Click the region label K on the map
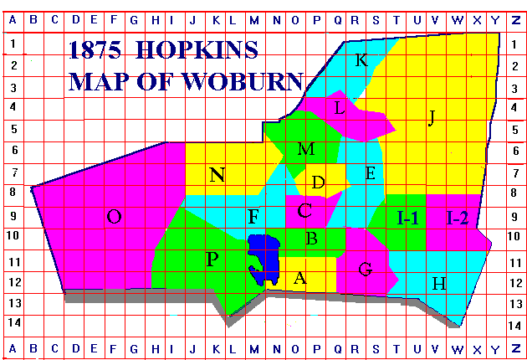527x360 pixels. click(x=361, y=60)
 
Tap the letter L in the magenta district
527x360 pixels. click(x=339, y=108)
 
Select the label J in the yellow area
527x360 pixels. click(x=432, y=117)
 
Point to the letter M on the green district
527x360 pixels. click(x=306, y=149)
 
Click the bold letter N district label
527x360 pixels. click(x=217, y=175)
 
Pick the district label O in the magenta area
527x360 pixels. click(x=115, y=218)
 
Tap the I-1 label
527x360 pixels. click(x=407, y=219)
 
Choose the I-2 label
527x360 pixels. click(x=458, y=219)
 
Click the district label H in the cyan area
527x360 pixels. click(x=438, y=283)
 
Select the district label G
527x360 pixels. click(x=365, y=270)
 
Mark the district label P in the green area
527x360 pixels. click(x=212, y=260)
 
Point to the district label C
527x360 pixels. click(x=304, y=211)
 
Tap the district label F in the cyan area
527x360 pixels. click(x=253, y=218)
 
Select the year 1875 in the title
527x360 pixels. click(x=99, y=51)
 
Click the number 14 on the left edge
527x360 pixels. click(x=15, y=322)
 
